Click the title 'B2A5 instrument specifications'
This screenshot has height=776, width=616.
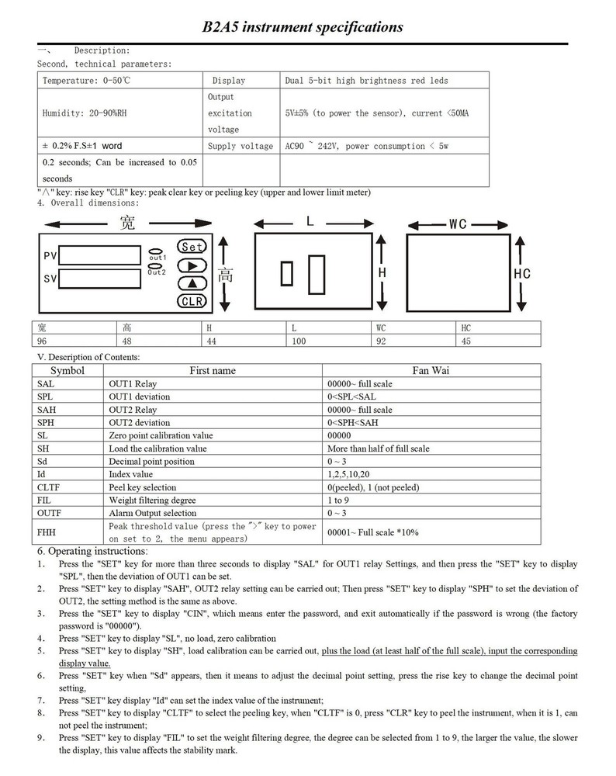click(x=303, y=27)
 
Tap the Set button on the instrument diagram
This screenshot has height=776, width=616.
click(x=192, y=247)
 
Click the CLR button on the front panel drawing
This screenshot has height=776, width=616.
click(x=192, y=301)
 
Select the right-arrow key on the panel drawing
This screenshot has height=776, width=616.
click(x=192, y=265)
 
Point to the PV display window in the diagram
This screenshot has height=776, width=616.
click(x=99, y=255)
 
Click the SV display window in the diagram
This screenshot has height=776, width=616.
click(x=99, y=278)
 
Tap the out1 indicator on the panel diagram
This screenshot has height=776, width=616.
click(x=157, y=252)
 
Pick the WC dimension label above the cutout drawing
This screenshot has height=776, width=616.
click(x=457, y=224)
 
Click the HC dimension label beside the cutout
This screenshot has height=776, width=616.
click(x=522, y=274)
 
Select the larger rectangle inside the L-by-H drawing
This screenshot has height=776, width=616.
click(x=316, y=274)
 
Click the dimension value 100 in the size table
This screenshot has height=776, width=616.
click(x=299, y=341)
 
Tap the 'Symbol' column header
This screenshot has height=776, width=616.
click(x=67, y=371)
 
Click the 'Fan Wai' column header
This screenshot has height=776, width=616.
click(x=431, y=371)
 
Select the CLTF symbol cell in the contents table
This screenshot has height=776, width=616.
click(x=49, y=487)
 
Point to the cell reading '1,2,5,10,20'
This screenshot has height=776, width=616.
click(x=348, y=474)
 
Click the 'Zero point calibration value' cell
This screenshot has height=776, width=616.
click(x=161, y=435)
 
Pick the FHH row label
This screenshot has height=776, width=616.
click(x=46, y=532)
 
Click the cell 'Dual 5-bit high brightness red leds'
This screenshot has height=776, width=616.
click(x=367, y=81)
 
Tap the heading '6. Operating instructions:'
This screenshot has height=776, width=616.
click(x=92, y=550)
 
